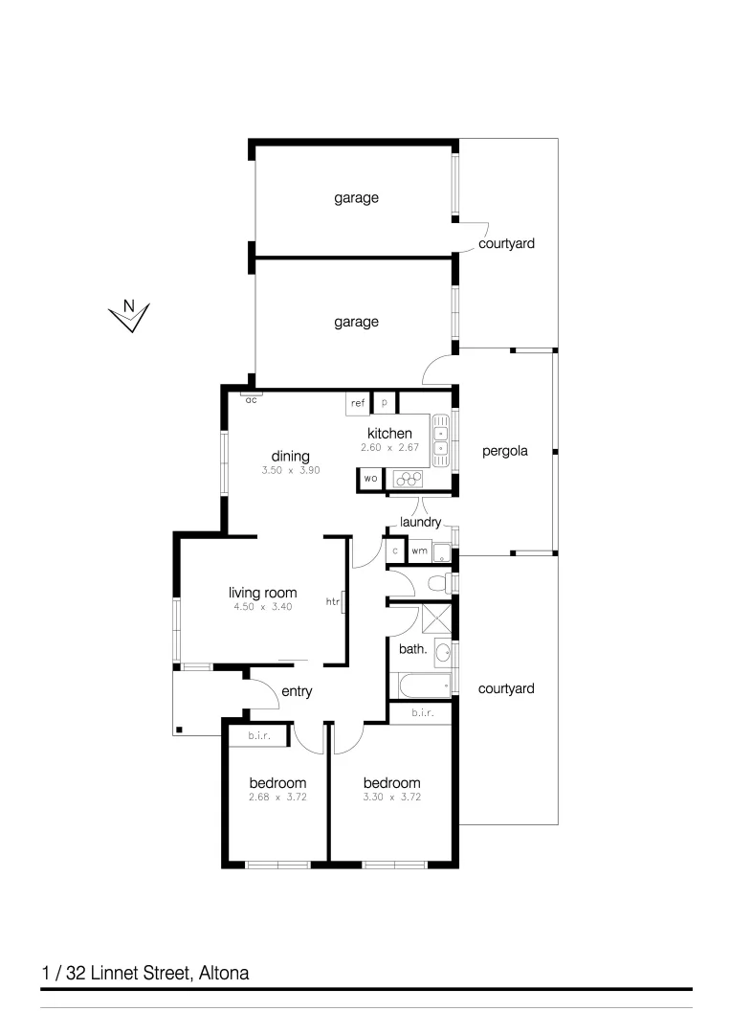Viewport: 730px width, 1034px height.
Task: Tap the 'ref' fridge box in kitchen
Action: pos(358,403)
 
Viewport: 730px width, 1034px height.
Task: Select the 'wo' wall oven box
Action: pos(370,478)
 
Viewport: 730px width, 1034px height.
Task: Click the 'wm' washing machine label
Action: pos(419,551)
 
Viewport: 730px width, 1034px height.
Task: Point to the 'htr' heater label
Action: pos(333,602)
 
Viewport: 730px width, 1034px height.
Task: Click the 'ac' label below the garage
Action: pos(251,399)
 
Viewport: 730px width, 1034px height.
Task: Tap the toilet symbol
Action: pos(439,582)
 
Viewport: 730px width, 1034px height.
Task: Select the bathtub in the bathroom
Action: pos(422,686)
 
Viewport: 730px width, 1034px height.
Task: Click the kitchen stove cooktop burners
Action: pos(409,478)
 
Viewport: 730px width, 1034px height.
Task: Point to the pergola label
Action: pos(505,450)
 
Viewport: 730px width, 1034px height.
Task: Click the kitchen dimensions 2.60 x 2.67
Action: pos(389,448)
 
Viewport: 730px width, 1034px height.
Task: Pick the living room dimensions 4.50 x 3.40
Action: pos(262,606)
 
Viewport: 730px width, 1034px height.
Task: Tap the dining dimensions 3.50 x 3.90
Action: pos(290,470)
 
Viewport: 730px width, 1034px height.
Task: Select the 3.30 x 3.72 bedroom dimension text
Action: pos(391,797)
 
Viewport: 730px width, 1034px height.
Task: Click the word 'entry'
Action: pos(297,691)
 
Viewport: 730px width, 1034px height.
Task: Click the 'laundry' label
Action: pos(421,522)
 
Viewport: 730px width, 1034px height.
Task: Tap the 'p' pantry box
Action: pos(385,403)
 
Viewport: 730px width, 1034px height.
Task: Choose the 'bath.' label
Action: pos(411,649)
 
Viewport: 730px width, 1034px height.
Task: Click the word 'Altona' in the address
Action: pos(223,974)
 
